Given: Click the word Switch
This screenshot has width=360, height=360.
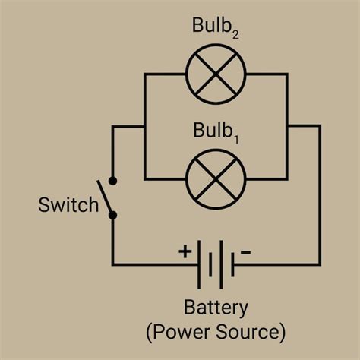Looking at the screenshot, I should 69,205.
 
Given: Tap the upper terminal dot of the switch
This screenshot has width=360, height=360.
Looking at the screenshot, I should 113,181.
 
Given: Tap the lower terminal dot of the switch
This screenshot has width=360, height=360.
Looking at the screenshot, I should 113,215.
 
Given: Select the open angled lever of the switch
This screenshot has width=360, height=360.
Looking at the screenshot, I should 105,197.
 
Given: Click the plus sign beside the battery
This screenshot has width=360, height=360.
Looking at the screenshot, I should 185,250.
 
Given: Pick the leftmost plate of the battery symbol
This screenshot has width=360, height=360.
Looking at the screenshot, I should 199,264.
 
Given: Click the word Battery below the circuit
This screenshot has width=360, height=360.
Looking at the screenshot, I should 216,308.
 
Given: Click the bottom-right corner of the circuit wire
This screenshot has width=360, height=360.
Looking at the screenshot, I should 319,264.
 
